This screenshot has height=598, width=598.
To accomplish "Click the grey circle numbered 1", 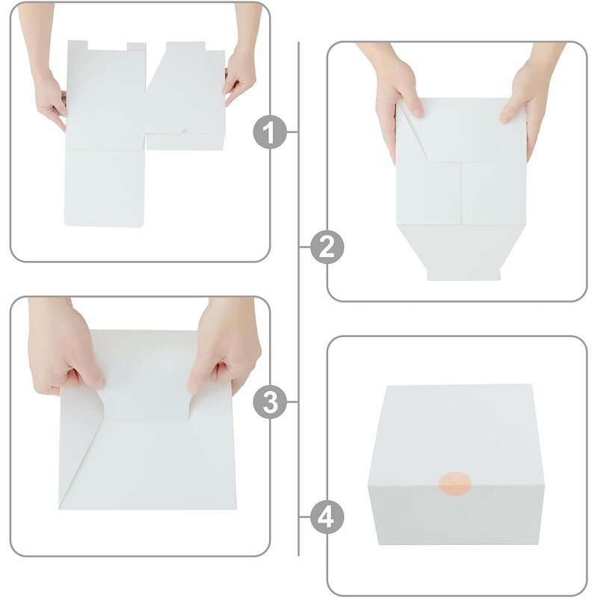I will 270,132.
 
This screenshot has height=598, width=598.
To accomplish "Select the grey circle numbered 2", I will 327,247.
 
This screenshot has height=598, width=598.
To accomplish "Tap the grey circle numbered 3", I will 270,403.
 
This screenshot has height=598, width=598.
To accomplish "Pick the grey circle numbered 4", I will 327,517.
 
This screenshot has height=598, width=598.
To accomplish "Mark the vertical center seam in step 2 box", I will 461,194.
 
